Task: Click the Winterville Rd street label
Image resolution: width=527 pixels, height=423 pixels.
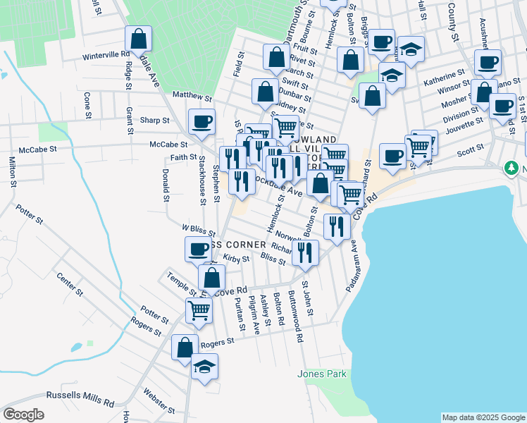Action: tap(106, 54)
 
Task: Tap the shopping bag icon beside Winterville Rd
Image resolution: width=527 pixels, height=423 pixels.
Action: tap(139, 38)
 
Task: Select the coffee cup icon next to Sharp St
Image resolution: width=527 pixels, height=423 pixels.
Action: tap(201, 121)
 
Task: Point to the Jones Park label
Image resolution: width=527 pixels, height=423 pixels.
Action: tap(322, 374)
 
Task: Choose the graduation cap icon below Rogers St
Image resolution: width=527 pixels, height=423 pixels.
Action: tap(205, 367)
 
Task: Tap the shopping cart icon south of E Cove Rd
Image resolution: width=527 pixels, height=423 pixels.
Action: tap(199, 309)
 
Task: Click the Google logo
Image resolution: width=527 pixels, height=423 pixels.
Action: tap(23, 415)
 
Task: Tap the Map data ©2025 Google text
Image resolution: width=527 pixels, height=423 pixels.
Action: tap(483, 417)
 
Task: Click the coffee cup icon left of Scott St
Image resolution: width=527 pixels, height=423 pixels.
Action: tap(392, 155)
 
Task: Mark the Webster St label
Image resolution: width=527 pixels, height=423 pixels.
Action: tap(159, 400)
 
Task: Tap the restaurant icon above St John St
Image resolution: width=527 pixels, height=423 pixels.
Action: tap(305, 252)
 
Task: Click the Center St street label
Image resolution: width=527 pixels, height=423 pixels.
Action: tap(70, 284)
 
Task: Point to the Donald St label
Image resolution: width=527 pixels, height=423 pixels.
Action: tap(166, 185)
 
